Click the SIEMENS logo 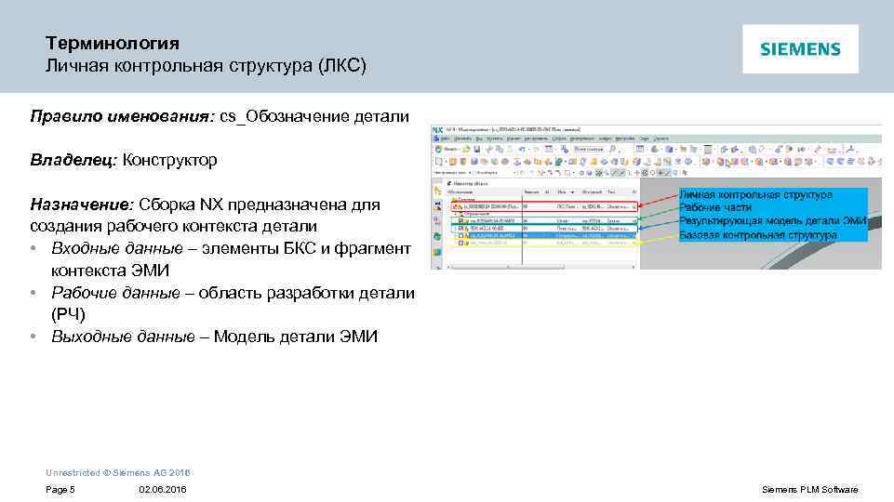coord(800,49)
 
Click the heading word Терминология coord(113,44)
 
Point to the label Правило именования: coord(122,116)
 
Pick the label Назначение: coord(82,205)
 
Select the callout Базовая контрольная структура coord(757,235)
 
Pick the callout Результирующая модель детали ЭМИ coord(772,221)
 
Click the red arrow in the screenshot coord(657,200)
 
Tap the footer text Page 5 coord(60,490)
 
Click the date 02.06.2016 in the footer coord(162,490)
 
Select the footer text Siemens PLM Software coord(809,490)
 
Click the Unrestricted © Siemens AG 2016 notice coord(117,473)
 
